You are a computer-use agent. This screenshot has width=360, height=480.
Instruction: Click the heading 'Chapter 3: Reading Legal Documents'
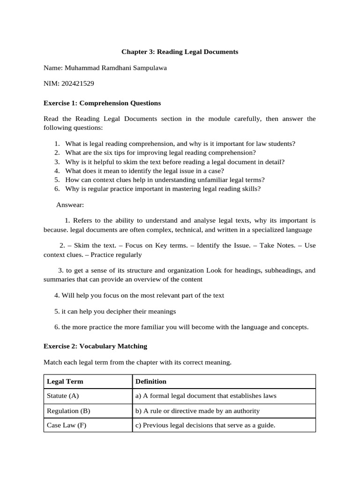(x=180, y=52)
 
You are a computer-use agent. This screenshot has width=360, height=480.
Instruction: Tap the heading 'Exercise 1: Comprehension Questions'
(x=102, y=103)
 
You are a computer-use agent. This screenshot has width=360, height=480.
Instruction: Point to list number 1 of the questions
(x=57, y=143)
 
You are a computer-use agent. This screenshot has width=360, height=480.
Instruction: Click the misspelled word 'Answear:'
(x=70, y=205)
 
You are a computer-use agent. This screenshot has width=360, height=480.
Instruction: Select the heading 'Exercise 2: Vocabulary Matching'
(x=95, y=346)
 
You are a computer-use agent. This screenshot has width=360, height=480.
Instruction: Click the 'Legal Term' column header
(x=65, y=382)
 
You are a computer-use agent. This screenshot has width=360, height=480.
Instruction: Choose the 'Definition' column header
(x=151, y=382)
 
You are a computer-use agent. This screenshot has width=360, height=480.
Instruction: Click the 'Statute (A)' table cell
(x=63, y=396)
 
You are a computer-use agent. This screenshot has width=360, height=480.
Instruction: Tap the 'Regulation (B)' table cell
(x=68, y=411)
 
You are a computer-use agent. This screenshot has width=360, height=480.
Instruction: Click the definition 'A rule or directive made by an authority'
(x=197, y=411)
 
